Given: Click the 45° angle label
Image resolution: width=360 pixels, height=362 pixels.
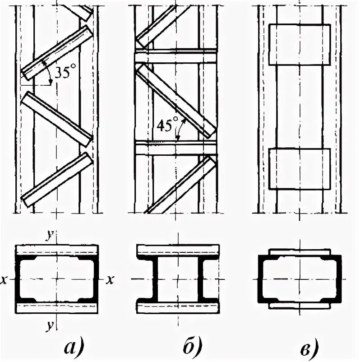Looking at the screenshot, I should [164, 124].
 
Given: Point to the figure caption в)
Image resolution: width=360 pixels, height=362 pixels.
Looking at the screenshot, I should [307, 347].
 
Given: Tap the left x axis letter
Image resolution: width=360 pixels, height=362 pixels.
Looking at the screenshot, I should [5, 280].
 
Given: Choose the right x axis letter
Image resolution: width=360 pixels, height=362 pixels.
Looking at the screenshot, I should [109, 280].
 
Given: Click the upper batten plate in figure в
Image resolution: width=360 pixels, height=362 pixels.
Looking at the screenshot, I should [299, 44].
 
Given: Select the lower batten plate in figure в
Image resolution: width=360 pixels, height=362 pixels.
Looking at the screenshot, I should [299, 169].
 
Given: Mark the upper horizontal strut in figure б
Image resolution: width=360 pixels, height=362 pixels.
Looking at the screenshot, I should [176, 57].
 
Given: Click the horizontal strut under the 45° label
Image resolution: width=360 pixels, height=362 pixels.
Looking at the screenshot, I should [176, 148].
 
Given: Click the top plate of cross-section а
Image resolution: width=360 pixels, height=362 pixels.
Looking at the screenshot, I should [57, 250].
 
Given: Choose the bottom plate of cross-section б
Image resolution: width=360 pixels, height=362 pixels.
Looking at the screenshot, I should [178, 308].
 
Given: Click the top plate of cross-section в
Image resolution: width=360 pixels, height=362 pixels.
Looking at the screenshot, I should [299, 251].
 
